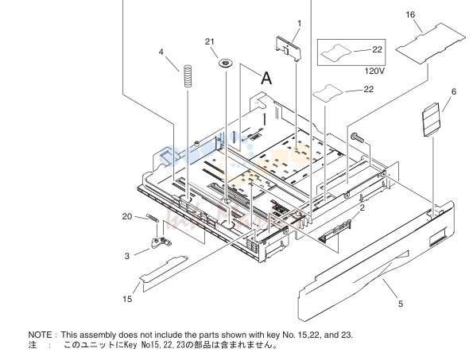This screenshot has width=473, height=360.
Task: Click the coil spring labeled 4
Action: (188, 76)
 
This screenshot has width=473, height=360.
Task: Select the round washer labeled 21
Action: (226, 64)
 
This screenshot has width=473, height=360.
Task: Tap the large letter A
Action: (266, 79)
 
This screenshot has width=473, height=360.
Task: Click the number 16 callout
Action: (410, 14)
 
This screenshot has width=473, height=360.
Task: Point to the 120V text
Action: (374, 72)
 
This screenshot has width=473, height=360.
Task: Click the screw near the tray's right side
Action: (358, 137)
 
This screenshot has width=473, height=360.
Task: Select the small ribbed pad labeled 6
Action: (431, 120)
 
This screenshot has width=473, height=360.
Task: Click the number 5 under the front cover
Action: (401, 304)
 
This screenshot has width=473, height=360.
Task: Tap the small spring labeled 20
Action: (153, 218)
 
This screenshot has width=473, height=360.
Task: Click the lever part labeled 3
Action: (161, 242)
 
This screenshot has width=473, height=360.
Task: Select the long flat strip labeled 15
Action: (163, 269)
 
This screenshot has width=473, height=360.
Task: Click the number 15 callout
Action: (127, 299)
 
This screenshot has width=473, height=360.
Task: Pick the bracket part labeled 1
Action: (289, 48)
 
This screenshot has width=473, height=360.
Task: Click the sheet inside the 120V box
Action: (336, 52)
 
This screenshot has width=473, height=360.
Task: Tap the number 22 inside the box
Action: (377, 49)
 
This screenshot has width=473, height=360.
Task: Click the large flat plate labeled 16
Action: (430, 44)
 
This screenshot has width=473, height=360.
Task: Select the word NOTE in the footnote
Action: (40, 335)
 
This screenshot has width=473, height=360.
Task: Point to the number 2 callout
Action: (362, 207)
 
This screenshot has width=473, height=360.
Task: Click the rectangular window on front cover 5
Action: (437, 236)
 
